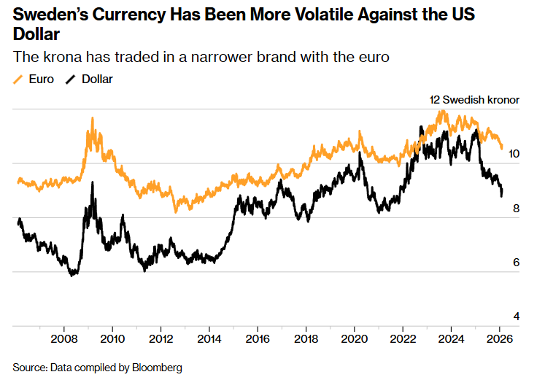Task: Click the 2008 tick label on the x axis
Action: tap(65, 339)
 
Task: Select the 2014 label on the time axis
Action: tap(209, 339)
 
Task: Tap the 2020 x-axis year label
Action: tap(355, 339)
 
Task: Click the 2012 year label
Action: tap(161, 339)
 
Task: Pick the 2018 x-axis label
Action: tap(306, 339)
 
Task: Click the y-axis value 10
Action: tap(514, 154)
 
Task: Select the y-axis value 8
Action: tap(514, 209)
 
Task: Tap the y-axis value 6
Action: tap(514, 263)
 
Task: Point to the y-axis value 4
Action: tap(514, 317)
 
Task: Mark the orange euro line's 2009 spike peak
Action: tap(93, 118)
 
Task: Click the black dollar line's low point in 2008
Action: tap(71, 276)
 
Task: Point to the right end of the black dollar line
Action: tap(501, 195)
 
